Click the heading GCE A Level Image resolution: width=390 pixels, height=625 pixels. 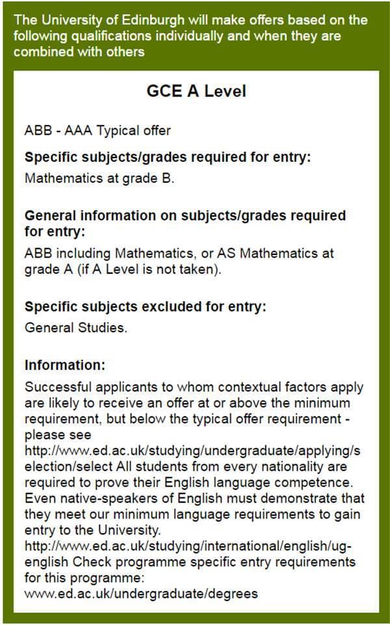(196, 91)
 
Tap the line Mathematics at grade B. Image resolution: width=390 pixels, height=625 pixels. (99, 178)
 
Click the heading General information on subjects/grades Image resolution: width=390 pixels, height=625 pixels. (185, 216)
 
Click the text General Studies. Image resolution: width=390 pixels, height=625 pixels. (75, 327)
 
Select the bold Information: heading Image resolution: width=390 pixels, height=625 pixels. (64, 365)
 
